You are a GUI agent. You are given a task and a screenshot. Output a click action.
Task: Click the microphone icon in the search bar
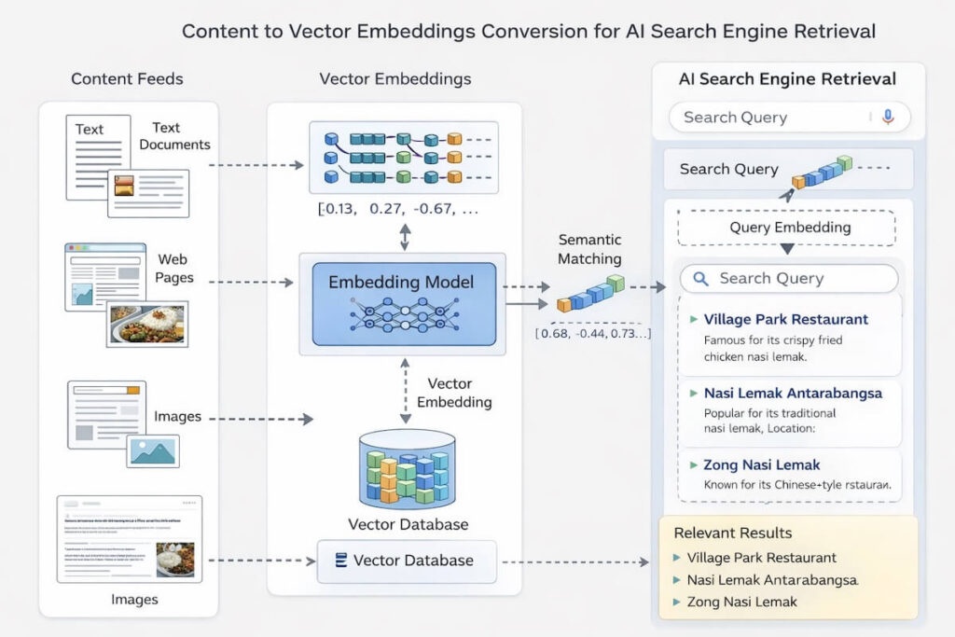(887, 117)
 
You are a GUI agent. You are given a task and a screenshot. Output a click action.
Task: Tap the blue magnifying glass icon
(701, 278)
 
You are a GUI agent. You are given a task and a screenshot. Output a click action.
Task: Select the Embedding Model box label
(401, 282)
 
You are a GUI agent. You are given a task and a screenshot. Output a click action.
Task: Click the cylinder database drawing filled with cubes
(406, 469)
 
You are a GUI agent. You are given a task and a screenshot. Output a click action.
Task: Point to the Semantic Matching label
(589, 249)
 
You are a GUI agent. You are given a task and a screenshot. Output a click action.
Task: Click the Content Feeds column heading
(127, 78)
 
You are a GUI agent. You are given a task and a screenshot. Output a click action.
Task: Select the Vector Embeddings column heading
(395, 78)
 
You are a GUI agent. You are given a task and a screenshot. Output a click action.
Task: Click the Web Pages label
(175, 268)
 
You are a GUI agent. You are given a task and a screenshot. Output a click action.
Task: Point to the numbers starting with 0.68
(593, 333)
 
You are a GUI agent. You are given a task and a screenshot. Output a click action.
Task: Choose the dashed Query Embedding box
(785, 227)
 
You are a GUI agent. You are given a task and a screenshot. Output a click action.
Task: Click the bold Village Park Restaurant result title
(785, 319)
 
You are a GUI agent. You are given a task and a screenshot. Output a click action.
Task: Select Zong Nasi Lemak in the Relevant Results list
(741, 602)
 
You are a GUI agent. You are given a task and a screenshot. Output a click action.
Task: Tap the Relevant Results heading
(732, 533)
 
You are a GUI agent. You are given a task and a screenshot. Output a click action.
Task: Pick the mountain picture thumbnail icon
(153, 451)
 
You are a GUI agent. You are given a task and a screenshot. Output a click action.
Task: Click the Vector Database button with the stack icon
(404, 561)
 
